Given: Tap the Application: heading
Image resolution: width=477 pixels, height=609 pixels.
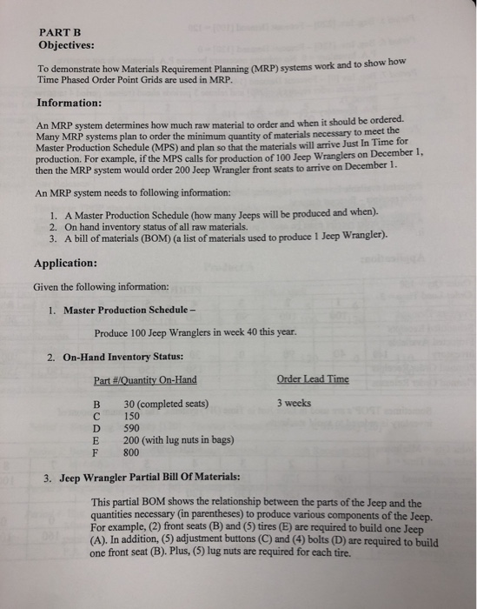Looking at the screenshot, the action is coord(65,262).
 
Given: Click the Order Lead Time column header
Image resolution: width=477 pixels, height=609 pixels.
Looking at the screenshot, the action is coord(313,379).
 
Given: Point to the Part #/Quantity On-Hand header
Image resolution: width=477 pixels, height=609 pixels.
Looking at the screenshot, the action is coord(145,379).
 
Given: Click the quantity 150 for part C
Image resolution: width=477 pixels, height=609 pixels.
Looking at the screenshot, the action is coord(133,416).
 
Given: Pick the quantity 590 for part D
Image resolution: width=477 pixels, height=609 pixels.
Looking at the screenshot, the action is coord(133,428).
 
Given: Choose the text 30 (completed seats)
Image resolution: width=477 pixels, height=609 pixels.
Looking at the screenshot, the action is coord(166,404).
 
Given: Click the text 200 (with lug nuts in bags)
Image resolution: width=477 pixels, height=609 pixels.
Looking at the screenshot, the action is coord(179,440).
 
